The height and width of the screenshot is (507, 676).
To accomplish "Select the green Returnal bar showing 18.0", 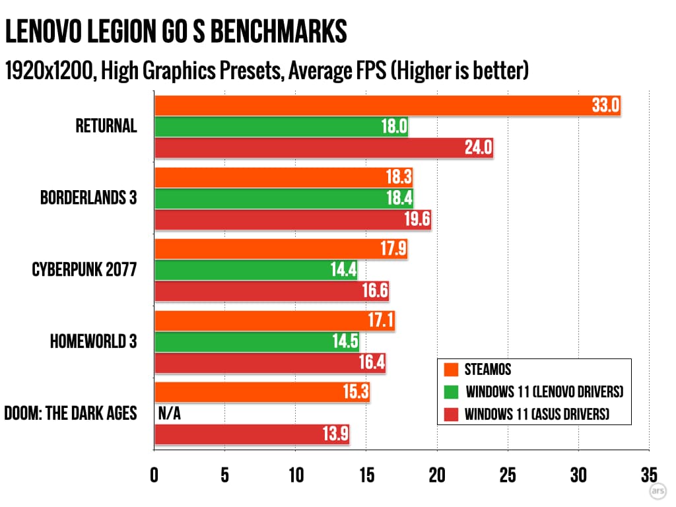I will pyautogui.click(x=281, y=127).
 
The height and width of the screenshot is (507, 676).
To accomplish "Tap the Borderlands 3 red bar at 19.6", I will pyautogui.click(x=292, y=220).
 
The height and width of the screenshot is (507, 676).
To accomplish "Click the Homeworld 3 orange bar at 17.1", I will pyautogui.click(x=274, y=321).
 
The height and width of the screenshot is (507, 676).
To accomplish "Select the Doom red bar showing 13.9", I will pyautogui.click(x=252, y=434).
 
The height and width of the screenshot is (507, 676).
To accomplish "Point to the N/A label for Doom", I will pyautogui.click(x=169, y=414).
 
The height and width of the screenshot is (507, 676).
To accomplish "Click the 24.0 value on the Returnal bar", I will pyautogui.click(x=478, y=148).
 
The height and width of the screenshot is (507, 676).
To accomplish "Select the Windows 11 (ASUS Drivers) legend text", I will pyautogui.click(x=537, y=414).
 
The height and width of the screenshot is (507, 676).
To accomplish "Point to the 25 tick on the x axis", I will pyautogui.click(x=508, y=475).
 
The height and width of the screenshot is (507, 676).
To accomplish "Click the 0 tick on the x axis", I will pyautogui.click(x=154, y=475).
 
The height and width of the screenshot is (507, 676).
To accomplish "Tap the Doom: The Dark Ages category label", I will pyautogui.click(x=71, y=414).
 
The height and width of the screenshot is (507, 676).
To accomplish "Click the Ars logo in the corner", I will pyautogui.click(x=658, y=491).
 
